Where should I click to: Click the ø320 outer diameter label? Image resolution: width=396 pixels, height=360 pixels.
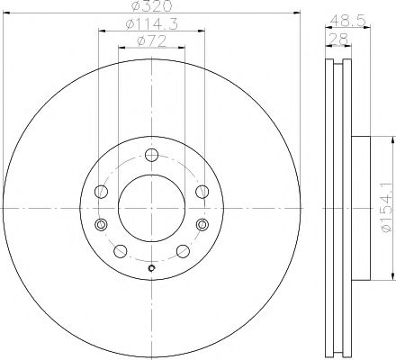[x=150, y=9]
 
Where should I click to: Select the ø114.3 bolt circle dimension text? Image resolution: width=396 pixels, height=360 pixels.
[x=149, y=24]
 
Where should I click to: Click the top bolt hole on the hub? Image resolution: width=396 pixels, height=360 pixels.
[x=151, y=152]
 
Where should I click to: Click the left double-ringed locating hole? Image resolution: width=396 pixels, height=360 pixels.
[x=101, y=223]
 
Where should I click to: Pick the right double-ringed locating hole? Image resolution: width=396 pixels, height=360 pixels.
[x=200, y=223]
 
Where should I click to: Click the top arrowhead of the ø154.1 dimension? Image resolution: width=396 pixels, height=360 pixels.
[x=393, y=140]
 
